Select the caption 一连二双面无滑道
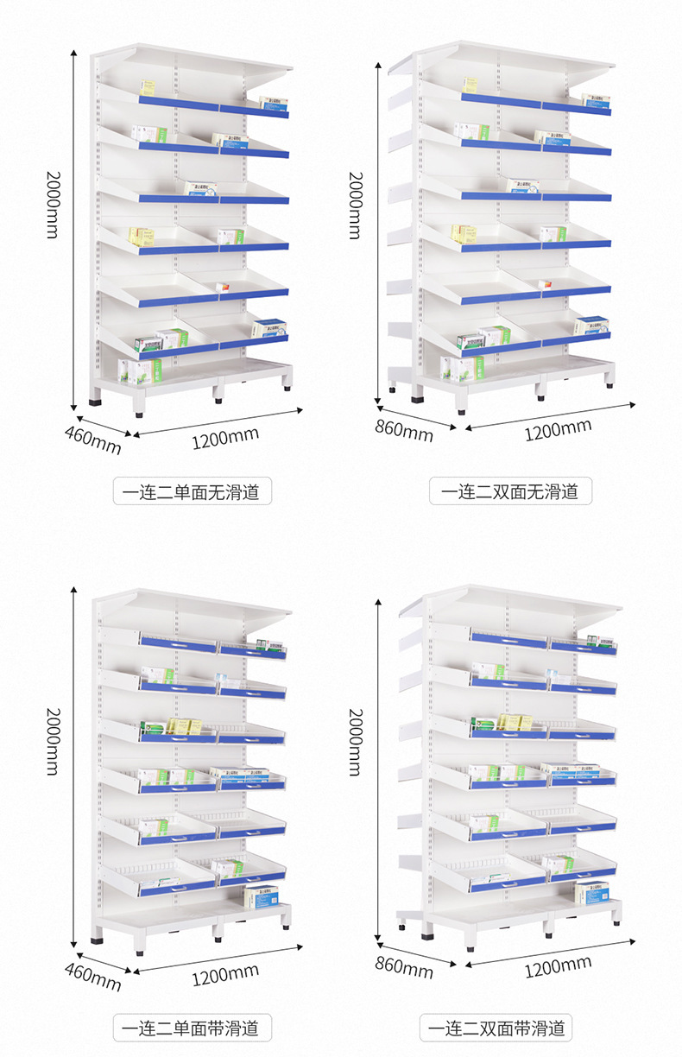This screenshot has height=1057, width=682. point(510,492)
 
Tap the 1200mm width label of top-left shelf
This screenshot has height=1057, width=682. point(224,438)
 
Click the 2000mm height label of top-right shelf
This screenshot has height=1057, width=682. point(355,205)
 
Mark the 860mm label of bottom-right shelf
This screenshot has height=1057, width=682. point(403,967)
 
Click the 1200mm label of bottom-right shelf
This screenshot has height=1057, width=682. point(558,965)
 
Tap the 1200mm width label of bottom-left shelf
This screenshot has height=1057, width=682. point(224,975)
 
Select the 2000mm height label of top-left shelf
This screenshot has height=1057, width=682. point(53,205)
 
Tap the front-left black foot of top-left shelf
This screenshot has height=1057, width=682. point(94,401)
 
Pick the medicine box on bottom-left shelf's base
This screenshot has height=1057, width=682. point(261,897)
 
